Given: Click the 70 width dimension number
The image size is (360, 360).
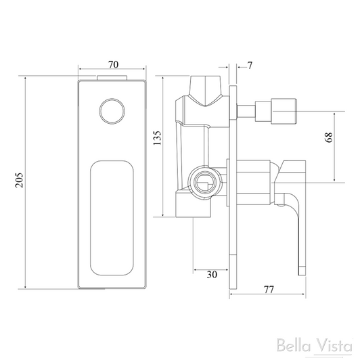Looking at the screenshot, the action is click(114, 65).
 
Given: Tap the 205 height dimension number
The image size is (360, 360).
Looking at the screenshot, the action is click(20, 180).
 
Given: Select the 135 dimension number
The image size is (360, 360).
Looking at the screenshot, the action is click(157, 138).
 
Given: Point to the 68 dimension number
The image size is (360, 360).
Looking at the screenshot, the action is click(329, 137).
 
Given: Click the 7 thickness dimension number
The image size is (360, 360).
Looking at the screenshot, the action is click(250, 66).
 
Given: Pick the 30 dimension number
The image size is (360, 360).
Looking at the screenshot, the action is click(212, 275).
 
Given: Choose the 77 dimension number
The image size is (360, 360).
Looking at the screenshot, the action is click(269, 290).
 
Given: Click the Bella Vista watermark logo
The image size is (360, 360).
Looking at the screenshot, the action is click(314, 346).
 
